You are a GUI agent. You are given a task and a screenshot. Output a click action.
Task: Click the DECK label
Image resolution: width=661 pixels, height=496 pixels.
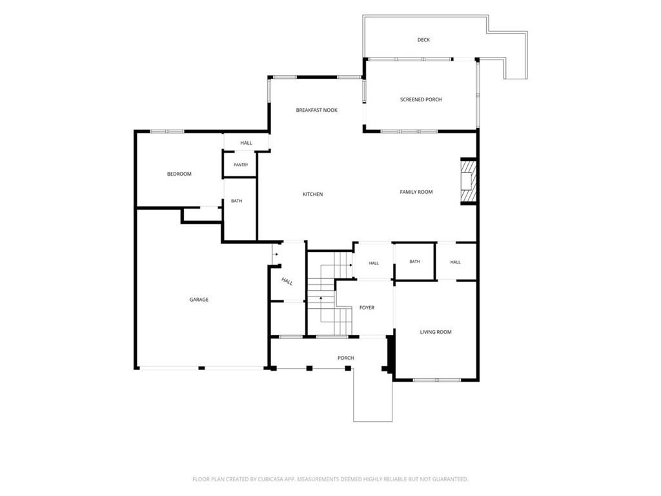click(x=423, y=40)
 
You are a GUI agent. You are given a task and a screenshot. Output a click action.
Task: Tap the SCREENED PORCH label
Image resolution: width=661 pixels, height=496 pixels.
click(x=421, y=99)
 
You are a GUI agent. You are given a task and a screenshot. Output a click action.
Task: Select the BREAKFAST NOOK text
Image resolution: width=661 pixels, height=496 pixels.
click(x=316, y=110)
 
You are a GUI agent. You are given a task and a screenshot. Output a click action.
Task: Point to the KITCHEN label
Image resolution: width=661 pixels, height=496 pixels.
click(x=313, y=194)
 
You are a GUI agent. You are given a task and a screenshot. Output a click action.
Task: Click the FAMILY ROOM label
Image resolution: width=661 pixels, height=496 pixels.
click(x=416, y=192)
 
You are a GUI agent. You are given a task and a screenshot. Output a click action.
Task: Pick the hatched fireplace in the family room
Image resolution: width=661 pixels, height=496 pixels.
click(x=468, y=181)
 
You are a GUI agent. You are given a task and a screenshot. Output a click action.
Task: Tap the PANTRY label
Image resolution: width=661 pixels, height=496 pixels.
click(x=241, y=165)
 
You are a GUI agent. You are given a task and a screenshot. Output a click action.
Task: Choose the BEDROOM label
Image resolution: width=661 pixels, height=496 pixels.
click(x=179, y=174)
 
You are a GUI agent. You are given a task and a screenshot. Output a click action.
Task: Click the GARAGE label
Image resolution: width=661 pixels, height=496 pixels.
click(x=199, y=300)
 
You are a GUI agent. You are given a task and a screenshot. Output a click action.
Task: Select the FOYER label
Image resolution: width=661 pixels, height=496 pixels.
click(x=367, y=308)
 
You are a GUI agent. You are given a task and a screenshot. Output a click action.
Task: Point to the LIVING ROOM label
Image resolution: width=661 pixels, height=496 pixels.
click(x=436, y=332)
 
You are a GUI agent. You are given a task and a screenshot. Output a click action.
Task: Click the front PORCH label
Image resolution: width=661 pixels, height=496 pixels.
click(x=346, y=358)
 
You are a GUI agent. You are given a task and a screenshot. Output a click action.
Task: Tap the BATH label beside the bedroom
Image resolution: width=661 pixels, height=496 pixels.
click(x=236, y=201)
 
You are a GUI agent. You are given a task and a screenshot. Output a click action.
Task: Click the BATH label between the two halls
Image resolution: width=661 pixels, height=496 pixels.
click(x=414, y=262)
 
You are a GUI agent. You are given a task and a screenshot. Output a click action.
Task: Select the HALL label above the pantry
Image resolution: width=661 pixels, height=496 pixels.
click(x=246, y=143)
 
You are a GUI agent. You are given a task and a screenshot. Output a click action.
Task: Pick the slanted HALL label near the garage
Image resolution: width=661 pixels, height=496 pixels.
click(x=287, y=282)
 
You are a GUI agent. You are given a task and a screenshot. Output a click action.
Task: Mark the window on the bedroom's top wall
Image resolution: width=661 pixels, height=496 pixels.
click(x=167, y=132)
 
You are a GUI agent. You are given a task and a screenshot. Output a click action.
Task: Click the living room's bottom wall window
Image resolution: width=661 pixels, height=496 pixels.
click(x=437, y=380)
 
